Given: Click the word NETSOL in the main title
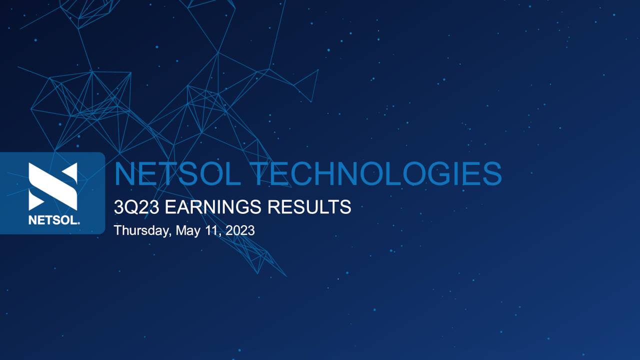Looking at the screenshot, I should coord(177,174).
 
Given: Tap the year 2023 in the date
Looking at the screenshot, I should coord(240,230).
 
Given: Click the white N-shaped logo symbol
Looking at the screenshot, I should coord(53,186).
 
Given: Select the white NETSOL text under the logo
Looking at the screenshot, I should coord(51,220).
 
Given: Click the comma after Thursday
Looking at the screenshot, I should coord(171,234).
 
